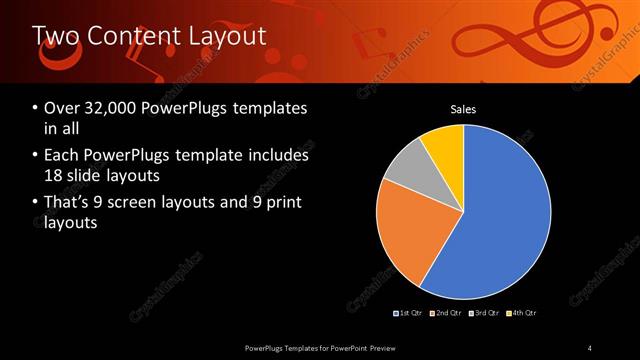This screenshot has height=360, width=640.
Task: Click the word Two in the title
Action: pyautogui.click(x=54, y=36)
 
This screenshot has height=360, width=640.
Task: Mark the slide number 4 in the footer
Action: pyautogui.click(x=590, y=347)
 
